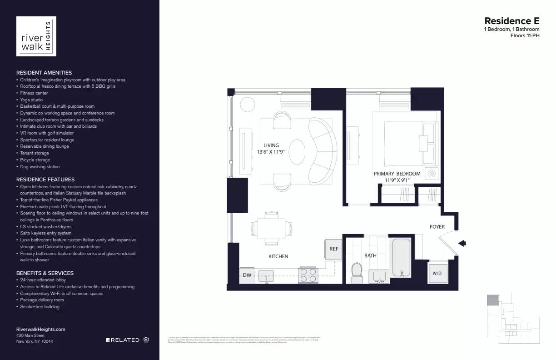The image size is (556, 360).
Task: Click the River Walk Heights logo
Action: point(36,36)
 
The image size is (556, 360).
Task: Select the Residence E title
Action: point(511,21)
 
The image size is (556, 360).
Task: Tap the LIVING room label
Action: point(271,145)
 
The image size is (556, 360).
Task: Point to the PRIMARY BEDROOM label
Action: point(397,174)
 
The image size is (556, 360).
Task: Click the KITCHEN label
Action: point(278,256)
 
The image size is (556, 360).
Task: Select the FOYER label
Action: point(437,227)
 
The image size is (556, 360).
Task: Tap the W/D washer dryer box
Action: point(437,274)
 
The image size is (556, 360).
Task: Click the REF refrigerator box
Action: point(334,249)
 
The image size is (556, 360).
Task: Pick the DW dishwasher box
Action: point(247,275)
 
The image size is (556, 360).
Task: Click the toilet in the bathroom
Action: point(357,272)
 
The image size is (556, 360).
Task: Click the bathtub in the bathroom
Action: point(402,257)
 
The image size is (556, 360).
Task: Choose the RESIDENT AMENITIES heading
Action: point(44,73)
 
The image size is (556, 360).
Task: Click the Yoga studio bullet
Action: point(31,100)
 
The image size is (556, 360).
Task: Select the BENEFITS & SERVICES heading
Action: point(45,273)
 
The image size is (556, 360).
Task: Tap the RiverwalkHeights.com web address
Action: point(41,329)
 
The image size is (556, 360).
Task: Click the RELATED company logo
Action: point(123,340)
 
